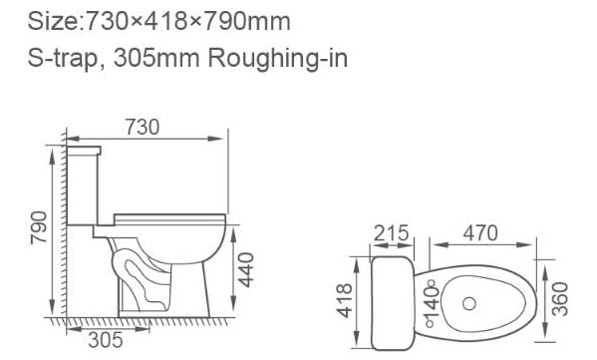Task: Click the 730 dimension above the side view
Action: pyautogui.click(x=143, y=128)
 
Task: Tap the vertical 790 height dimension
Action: pyautogui.click(x=39, y=227)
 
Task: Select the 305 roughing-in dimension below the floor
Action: pyautogui.click(x=106, y=340)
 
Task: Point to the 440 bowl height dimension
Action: pyautogui.click(x=245, y=269)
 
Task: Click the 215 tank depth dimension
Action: pyautogui.click(x=391, y=233)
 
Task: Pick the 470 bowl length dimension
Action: pyautogui.click(x=480, y=233)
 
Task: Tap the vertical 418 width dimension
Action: pyautogui.click(x=344, y=300)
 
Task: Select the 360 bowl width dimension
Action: pyautogui.click(x=560, y=299)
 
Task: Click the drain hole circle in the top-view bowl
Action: pyautogui.click(x=469, y=303)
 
